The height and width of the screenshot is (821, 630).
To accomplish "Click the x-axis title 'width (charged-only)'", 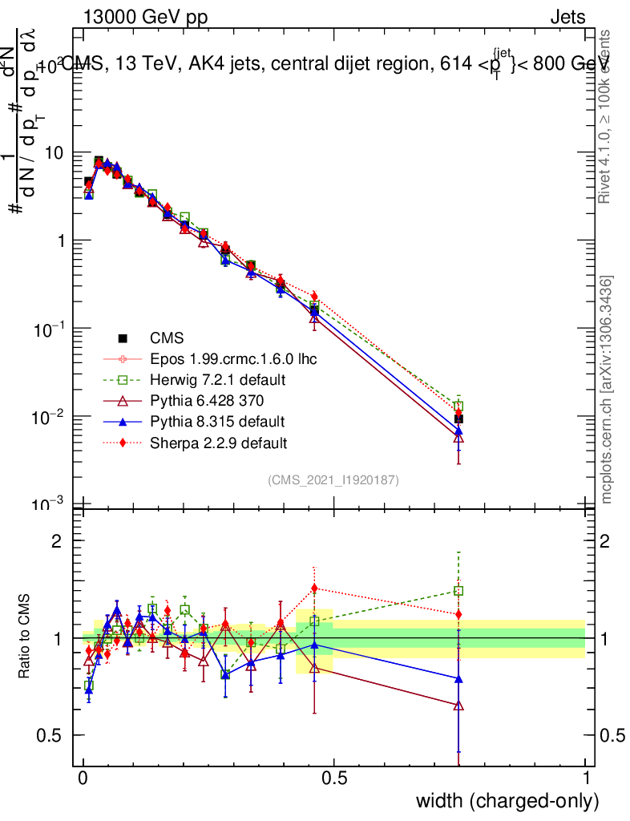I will point(507,800).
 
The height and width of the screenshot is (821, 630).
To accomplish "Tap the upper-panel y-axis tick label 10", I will point(54,152).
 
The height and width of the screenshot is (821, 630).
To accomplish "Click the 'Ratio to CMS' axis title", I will point(26,637).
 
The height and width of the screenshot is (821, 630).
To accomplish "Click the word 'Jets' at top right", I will point(567,17).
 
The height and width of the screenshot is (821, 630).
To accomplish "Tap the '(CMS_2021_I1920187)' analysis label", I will point(333,479).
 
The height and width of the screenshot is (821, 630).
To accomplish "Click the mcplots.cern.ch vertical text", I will point(607,390).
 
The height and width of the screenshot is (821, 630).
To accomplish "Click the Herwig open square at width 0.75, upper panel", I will point(458,406).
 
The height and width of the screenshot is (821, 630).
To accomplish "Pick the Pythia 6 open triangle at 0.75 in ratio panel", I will point(458,706).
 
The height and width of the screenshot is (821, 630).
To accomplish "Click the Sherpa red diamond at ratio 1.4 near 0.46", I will point(314,588).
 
